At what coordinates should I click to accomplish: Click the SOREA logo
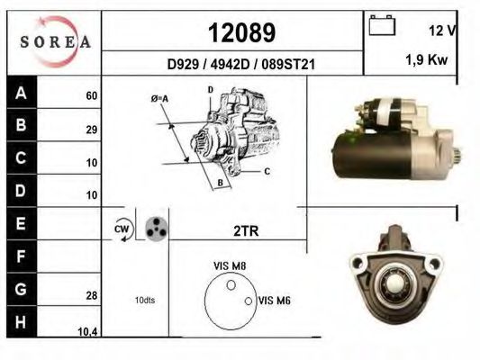tap(54, 41)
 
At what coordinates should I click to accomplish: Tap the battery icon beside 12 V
tap(382, 28)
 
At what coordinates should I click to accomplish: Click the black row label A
tap(21, 93)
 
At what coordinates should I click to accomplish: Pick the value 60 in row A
tap(91, 95)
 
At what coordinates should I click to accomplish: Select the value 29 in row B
tap(91, 130)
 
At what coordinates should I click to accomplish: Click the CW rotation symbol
tap(122, 229)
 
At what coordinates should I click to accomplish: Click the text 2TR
tap(246, 230)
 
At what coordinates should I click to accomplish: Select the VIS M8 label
tap(230, 265)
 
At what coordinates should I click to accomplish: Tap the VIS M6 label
tap(274, 301)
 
